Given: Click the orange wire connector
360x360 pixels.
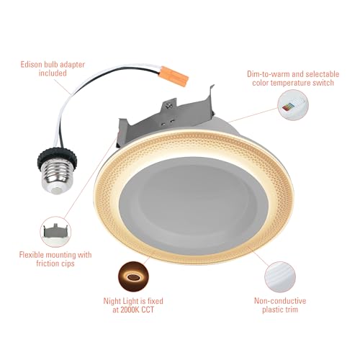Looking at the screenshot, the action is point(174,75).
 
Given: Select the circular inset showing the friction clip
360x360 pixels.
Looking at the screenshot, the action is point(55,232).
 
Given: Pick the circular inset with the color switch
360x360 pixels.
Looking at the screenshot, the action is point(293,105).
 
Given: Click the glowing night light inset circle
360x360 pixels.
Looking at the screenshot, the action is point(133,276).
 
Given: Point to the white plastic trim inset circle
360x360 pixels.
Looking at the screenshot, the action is point(280,277).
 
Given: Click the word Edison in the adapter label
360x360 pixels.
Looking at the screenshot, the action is point(31,65).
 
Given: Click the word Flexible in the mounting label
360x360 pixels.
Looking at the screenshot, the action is point(32,255).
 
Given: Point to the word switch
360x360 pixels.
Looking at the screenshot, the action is point(323,83).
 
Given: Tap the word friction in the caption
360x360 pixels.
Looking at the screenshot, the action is point(47,264).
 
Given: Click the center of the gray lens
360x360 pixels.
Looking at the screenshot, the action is point(194,206).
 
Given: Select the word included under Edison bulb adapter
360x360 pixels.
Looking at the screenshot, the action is point(53,73).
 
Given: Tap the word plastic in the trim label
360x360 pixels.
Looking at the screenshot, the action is point(271,310).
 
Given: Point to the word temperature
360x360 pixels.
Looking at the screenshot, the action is point(291,83).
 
